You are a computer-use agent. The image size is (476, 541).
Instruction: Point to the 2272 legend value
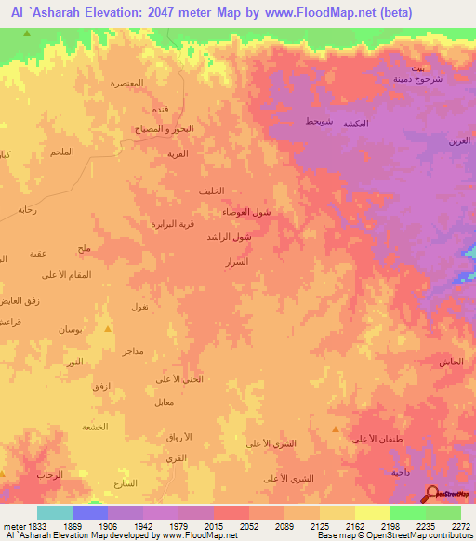pos(460,525)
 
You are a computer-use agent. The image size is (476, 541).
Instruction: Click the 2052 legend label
pos(249,525)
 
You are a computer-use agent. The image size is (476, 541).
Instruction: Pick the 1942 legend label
pos(143,525)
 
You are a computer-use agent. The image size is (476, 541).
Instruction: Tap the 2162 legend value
pos(355,525)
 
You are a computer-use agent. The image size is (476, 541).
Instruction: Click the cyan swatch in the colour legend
pos(55,512)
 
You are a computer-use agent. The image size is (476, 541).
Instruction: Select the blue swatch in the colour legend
pos(90,512)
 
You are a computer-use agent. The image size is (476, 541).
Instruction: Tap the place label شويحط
pos(318,122)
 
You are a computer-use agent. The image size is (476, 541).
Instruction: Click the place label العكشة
pos(357,124)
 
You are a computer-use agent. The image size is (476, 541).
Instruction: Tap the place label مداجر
pos(132,351)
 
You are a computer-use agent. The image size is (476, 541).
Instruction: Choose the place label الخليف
pos(211,191)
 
